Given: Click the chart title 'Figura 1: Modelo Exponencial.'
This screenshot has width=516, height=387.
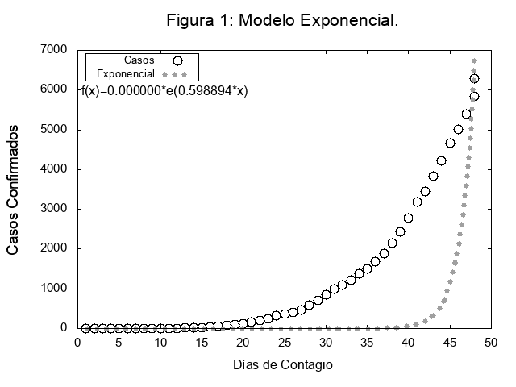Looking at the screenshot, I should coord(282,20).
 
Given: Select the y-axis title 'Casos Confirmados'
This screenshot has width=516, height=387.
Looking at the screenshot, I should coord(14,189).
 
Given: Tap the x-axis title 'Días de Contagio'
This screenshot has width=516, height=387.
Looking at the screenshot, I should coord(282,364).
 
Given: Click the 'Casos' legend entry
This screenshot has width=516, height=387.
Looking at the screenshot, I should coord(139,60).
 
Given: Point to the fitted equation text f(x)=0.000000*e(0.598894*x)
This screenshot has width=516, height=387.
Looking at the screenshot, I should coord(164,91).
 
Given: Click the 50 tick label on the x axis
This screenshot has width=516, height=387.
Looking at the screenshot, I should coord(490,342).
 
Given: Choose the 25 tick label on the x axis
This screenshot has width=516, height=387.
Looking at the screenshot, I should coord(283,342).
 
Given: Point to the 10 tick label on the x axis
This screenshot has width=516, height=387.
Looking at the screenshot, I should coord(160,342).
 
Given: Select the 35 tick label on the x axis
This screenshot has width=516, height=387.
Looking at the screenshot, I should coord(366,342).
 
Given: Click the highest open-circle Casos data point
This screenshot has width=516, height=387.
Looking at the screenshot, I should coord(474,78).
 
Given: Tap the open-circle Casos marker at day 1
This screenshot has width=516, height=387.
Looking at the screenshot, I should coord(85,328).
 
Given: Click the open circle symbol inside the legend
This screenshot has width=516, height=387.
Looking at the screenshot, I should coord(177,60).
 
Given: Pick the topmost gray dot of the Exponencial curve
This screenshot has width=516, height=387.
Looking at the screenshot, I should coord(474,60).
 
